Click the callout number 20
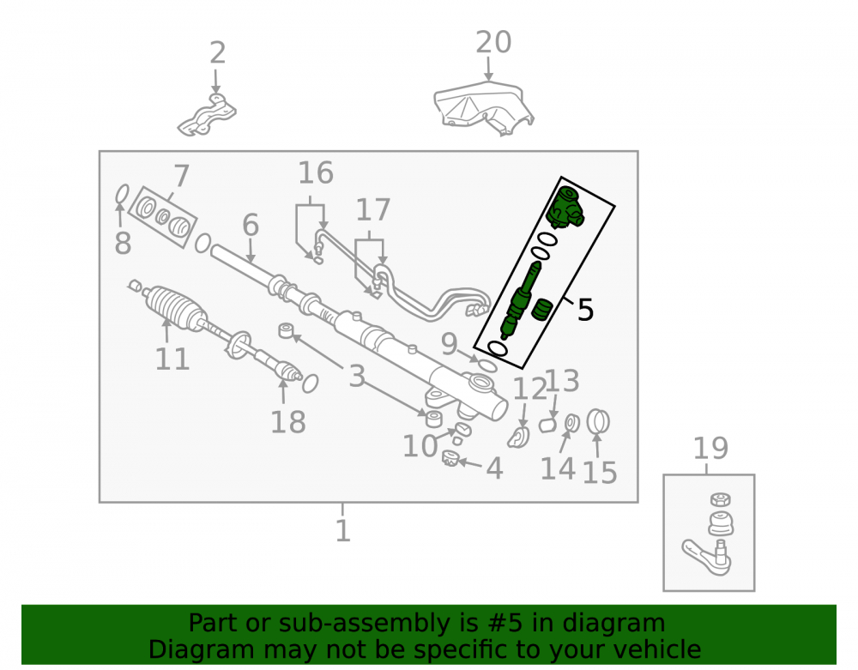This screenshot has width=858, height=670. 493,42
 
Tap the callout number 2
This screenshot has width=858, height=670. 217,52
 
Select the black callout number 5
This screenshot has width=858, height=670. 585,310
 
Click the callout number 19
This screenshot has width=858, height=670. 710,449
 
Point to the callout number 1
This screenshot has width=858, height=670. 342,530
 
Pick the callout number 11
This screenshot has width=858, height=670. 172,359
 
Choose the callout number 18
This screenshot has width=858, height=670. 287,422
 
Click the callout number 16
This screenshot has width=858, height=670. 315,172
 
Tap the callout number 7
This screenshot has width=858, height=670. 181,176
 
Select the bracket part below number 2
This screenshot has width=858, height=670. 207,116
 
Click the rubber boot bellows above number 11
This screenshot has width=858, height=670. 175,309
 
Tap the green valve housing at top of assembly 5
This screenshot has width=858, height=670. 565,208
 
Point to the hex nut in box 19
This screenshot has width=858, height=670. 720,499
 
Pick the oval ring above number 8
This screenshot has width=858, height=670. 122,194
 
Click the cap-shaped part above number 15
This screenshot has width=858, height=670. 598,422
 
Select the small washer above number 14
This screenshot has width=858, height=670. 571,423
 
